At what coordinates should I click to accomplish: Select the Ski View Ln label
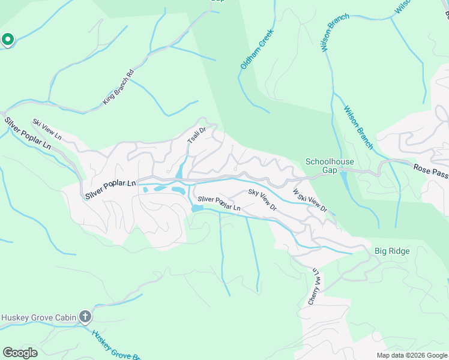coord(47,129)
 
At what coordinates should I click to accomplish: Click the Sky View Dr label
coord(262,199)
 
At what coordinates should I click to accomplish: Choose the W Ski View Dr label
coord(310,201)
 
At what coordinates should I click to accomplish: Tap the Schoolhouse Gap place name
coord(330,166)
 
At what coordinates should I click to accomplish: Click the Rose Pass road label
coord(430,171)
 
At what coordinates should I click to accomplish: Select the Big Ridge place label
coord(392,251)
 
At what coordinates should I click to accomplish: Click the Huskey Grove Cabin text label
coord(39,317)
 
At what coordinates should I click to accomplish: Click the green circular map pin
coord(7,40)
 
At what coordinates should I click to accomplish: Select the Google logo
coord(20,353)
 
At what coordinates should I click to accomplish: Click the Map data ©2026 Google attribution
coord(412,355)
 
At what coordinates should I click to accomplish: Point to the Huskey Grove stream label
coord(116,345)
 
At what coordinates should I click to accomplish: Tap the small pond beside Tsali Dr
coord(179,172)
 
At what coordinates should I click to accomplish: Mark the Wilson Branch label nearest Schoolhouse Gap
coord(358,128)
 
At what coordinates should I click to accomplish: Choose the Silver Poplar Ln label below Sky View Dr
coord(219,203)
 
